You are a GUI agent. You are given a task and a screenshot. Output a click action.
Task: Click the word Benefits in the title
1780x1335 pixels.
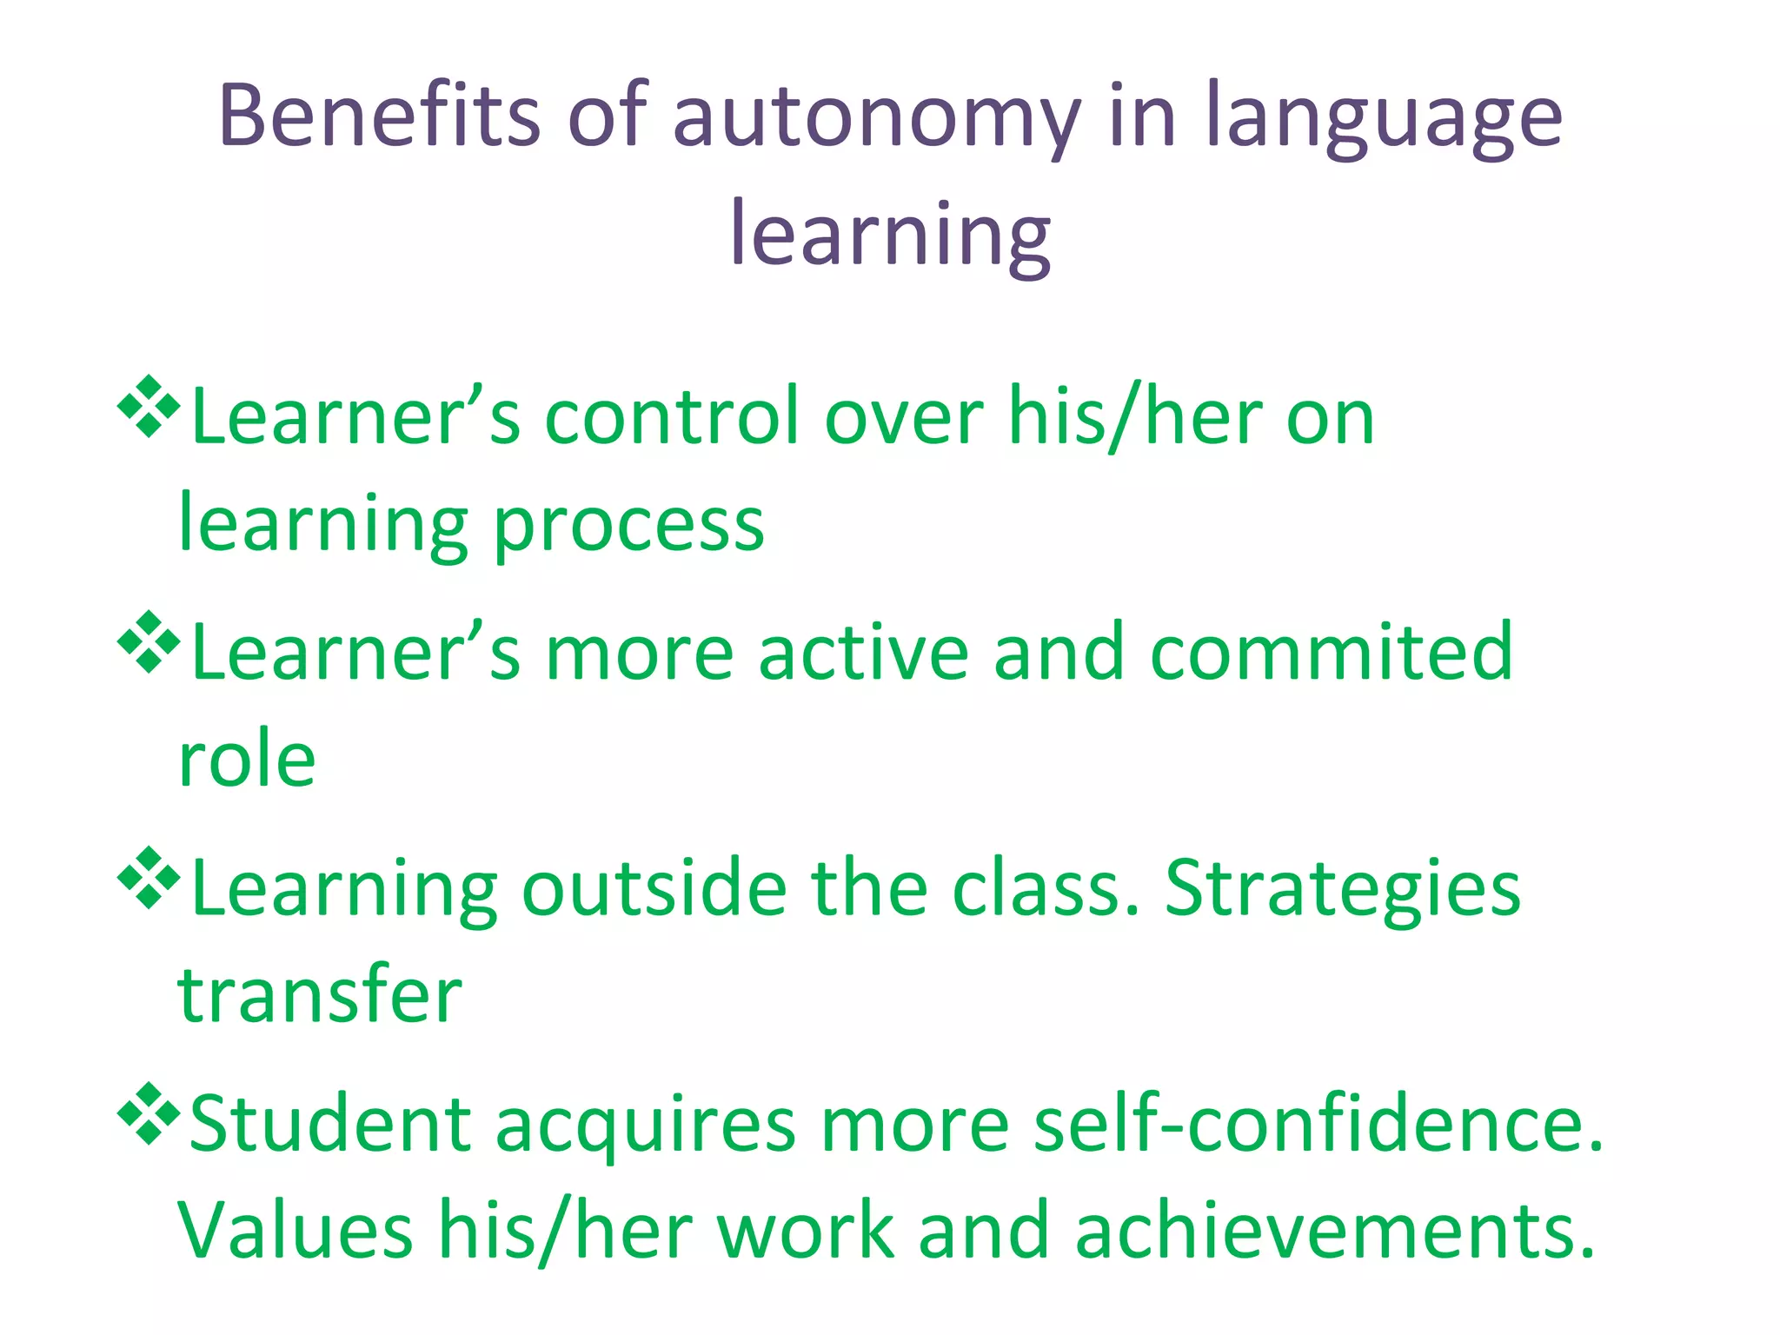point(380,116)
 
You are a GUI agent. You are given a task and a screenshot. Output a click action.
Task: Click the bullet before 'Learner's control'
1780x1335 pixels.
point(149,406)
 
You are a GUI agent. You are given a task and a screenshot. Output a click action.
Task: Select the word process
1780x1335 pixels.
point(628,527)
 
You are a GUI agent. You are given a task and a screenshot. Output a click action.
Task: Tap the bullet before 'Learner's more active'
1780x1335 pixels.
point(149,642)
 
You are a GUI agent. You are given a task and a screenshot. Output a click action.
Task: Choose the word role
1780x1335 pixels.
point(247,760)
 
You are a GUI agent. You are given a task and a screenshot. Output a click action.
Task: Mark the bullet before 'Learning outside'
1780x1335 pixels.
point(149,878)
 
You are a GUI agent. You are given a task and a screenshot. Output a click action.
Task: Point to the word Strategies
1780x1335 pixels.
point(1342,892)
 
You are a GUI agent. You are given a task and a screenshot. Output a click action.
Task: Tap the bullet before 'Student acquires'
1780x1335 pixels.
point(149,1113)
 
